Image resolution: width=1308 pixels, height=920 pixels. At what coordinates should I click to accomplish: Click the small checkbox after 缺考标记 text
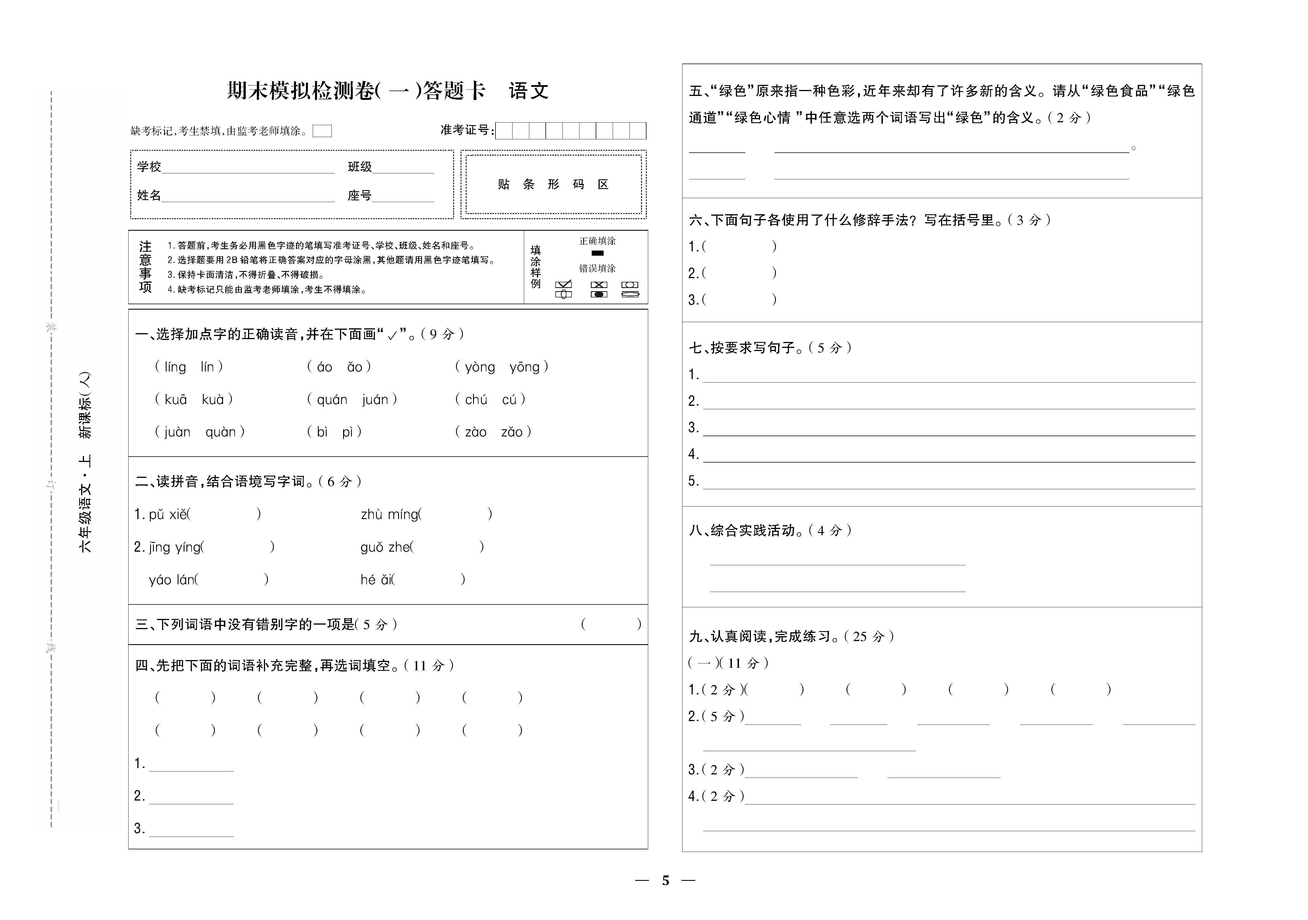pos(322,131)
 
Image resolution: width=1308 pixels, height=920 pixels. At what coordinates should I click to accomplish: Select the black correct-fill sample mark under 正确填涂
pos(597,253)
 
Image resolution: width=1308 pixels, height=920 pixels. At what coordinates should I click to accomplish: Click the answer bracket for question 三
pos(611,624)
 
